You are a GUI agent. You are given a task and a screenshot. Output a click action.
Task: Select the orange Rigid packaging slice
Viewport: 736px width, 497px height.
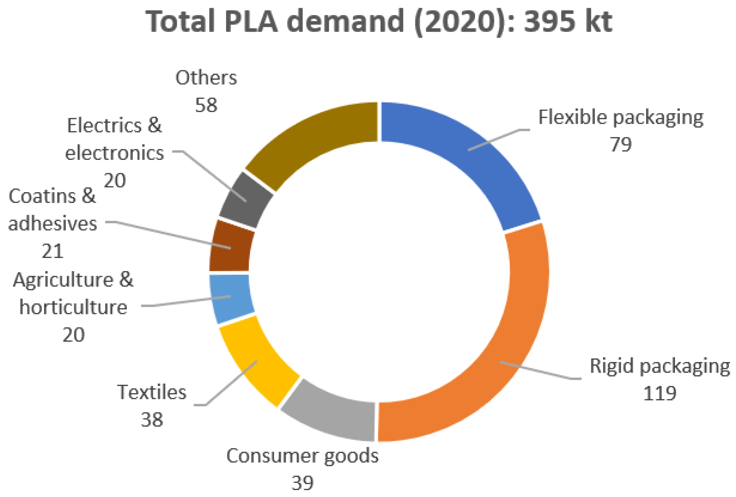(519, 333)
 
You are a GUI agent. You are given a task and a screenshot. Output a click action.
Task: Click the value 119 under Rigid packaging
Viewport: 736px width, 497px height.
(659, 394)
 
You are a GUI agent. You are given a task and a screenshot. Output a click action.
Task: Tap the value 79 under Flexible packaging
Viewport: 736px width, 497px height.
(621, 145)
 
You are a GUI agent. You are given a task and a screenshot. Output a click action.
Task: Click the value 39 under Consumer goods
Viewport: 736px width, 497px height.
(302, 483)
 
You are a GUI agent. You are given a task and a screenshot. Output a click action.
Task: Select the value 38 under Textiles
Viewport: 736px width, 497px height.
(152, 420)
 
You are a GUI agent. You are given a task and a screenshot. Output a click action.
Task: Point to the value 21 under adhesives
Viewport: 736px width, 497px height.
(53, 252)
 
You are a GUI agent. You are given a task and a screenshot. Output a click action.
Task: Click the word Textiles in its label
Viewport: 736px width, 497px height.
(152, 393)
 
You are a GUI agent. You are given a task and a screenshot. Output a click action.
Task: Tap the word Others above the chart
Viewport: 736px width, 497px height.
(206, 77)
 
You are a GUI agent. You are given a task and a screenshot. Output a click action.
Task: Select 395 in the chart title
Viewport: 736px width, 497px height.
(550, 22)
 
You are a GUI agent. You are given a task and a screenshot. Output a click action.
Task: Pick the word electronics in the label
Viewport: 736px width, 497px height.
(115, 153)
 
